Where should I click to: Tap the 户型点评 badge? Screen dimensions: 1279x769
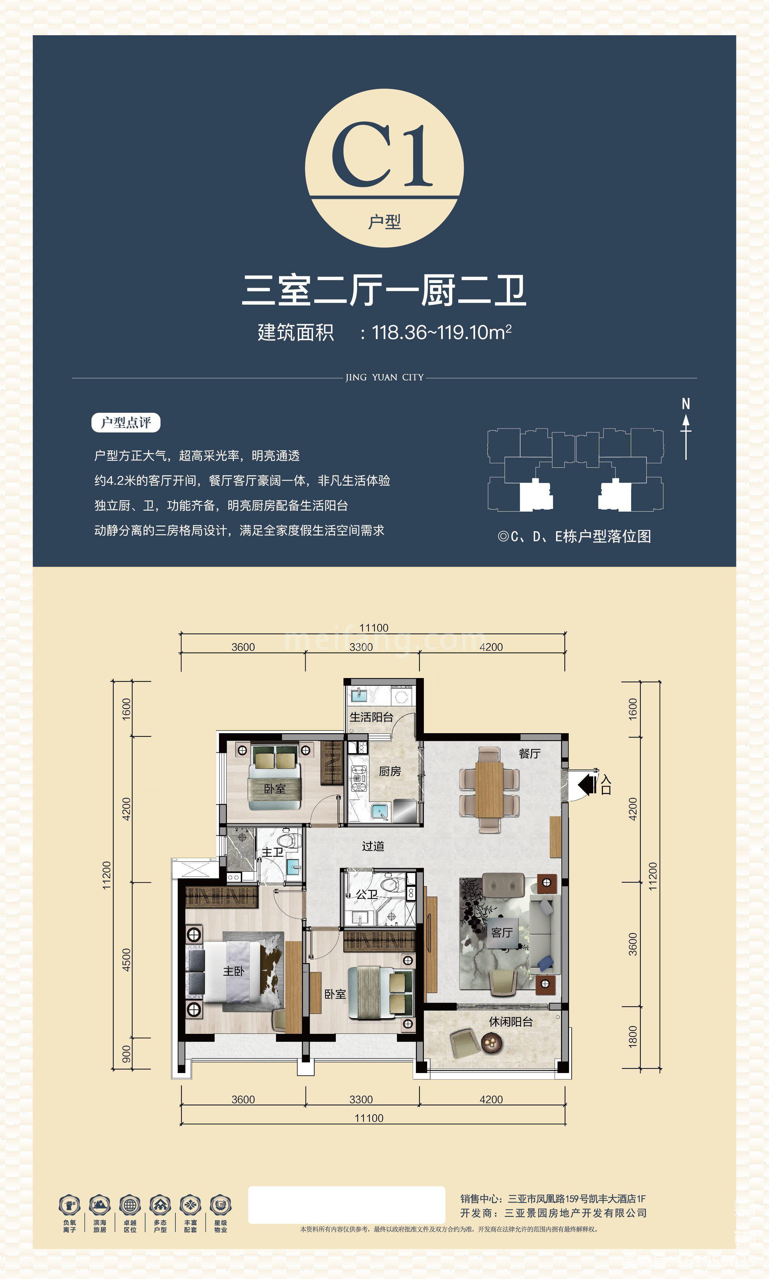pyautogui.click(x=126, y=422)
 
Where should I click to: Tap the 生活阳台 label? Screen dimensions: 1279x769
pyautogui.click(x=371, y=717)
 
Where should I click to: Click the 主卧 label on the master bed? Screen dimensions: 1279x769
pyautogui.click(x=233, y=971)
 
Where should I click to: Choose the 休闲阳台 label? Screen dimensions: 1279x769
pyautogui.click(x=511, y=1022)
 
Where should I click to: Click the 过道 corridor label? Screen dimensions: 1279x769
pyautogui.click(x=373, y=846)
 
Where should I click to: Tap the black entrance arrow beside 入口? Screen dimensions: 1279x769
pyautogui.click(x=587, y=784)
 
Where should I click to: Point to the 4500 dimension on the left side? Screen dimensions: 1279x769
pyautogui.click(x=126, y=959)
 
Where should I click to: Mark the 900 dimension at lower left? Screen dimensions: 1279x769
pyautogui.click(x=126, y=1053)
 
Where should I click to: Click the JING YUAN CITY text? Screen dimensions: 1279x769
pyautogui.click(x=385, y=377)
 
